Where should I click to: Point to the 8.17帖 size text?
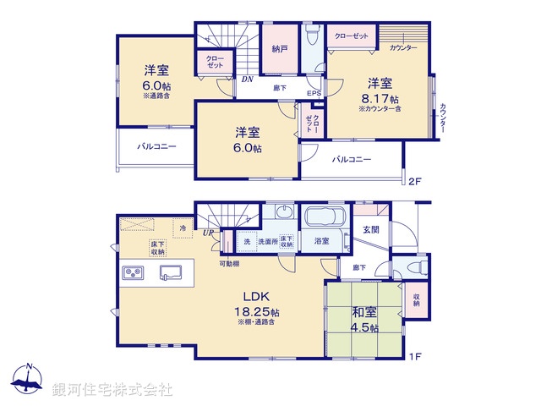(x=378, y=98)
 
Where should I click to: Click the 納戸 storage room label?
(x=280, y=50)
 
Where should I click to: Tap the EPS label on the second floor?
(x=313, y=93)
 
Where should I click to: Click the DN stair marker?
(x=247, y=79)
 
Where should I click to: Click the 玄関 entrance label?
(x=371, y=229)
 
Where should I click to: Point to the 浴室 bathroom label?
(x=322, y=242)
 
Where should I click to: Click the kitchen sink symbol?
(x=172, y=272)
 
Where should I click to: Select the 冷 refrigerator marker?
(x=182, y=228)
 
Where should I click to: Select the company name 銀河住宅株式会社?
(x=112, y=389)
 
